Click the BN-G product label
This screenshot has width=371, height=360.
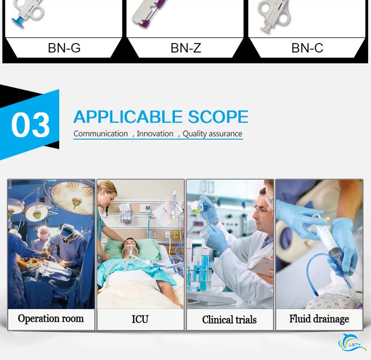pos(64,48)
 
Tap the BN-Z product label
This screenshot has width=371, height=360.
pos(185,48)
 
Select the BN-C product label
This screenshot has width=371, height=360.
pos(307,48)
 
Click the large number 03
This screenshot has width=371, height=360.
pos(31,125)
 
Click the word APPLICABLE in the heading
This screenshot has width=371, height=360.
pos(128,117)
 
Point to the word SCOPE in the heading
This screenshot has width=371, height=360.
pos(218,117)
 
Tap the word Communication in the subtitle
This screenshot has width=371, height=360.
pos(100,134)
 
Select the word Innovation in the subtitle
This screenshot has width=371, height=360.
pos(155,134)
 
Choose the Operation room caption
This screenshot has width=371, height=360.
pos(51,319)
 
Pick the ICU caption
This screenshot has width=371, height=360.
pos(140,319)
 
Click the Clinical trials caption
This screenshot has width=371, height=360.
pos(229,319)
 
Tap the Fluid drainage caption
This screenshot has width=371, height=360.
pos(319,319)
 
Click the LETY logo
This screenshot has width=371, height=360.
pos(352,343)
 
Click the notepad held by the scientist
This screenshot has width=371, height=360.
pos(262,265)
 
